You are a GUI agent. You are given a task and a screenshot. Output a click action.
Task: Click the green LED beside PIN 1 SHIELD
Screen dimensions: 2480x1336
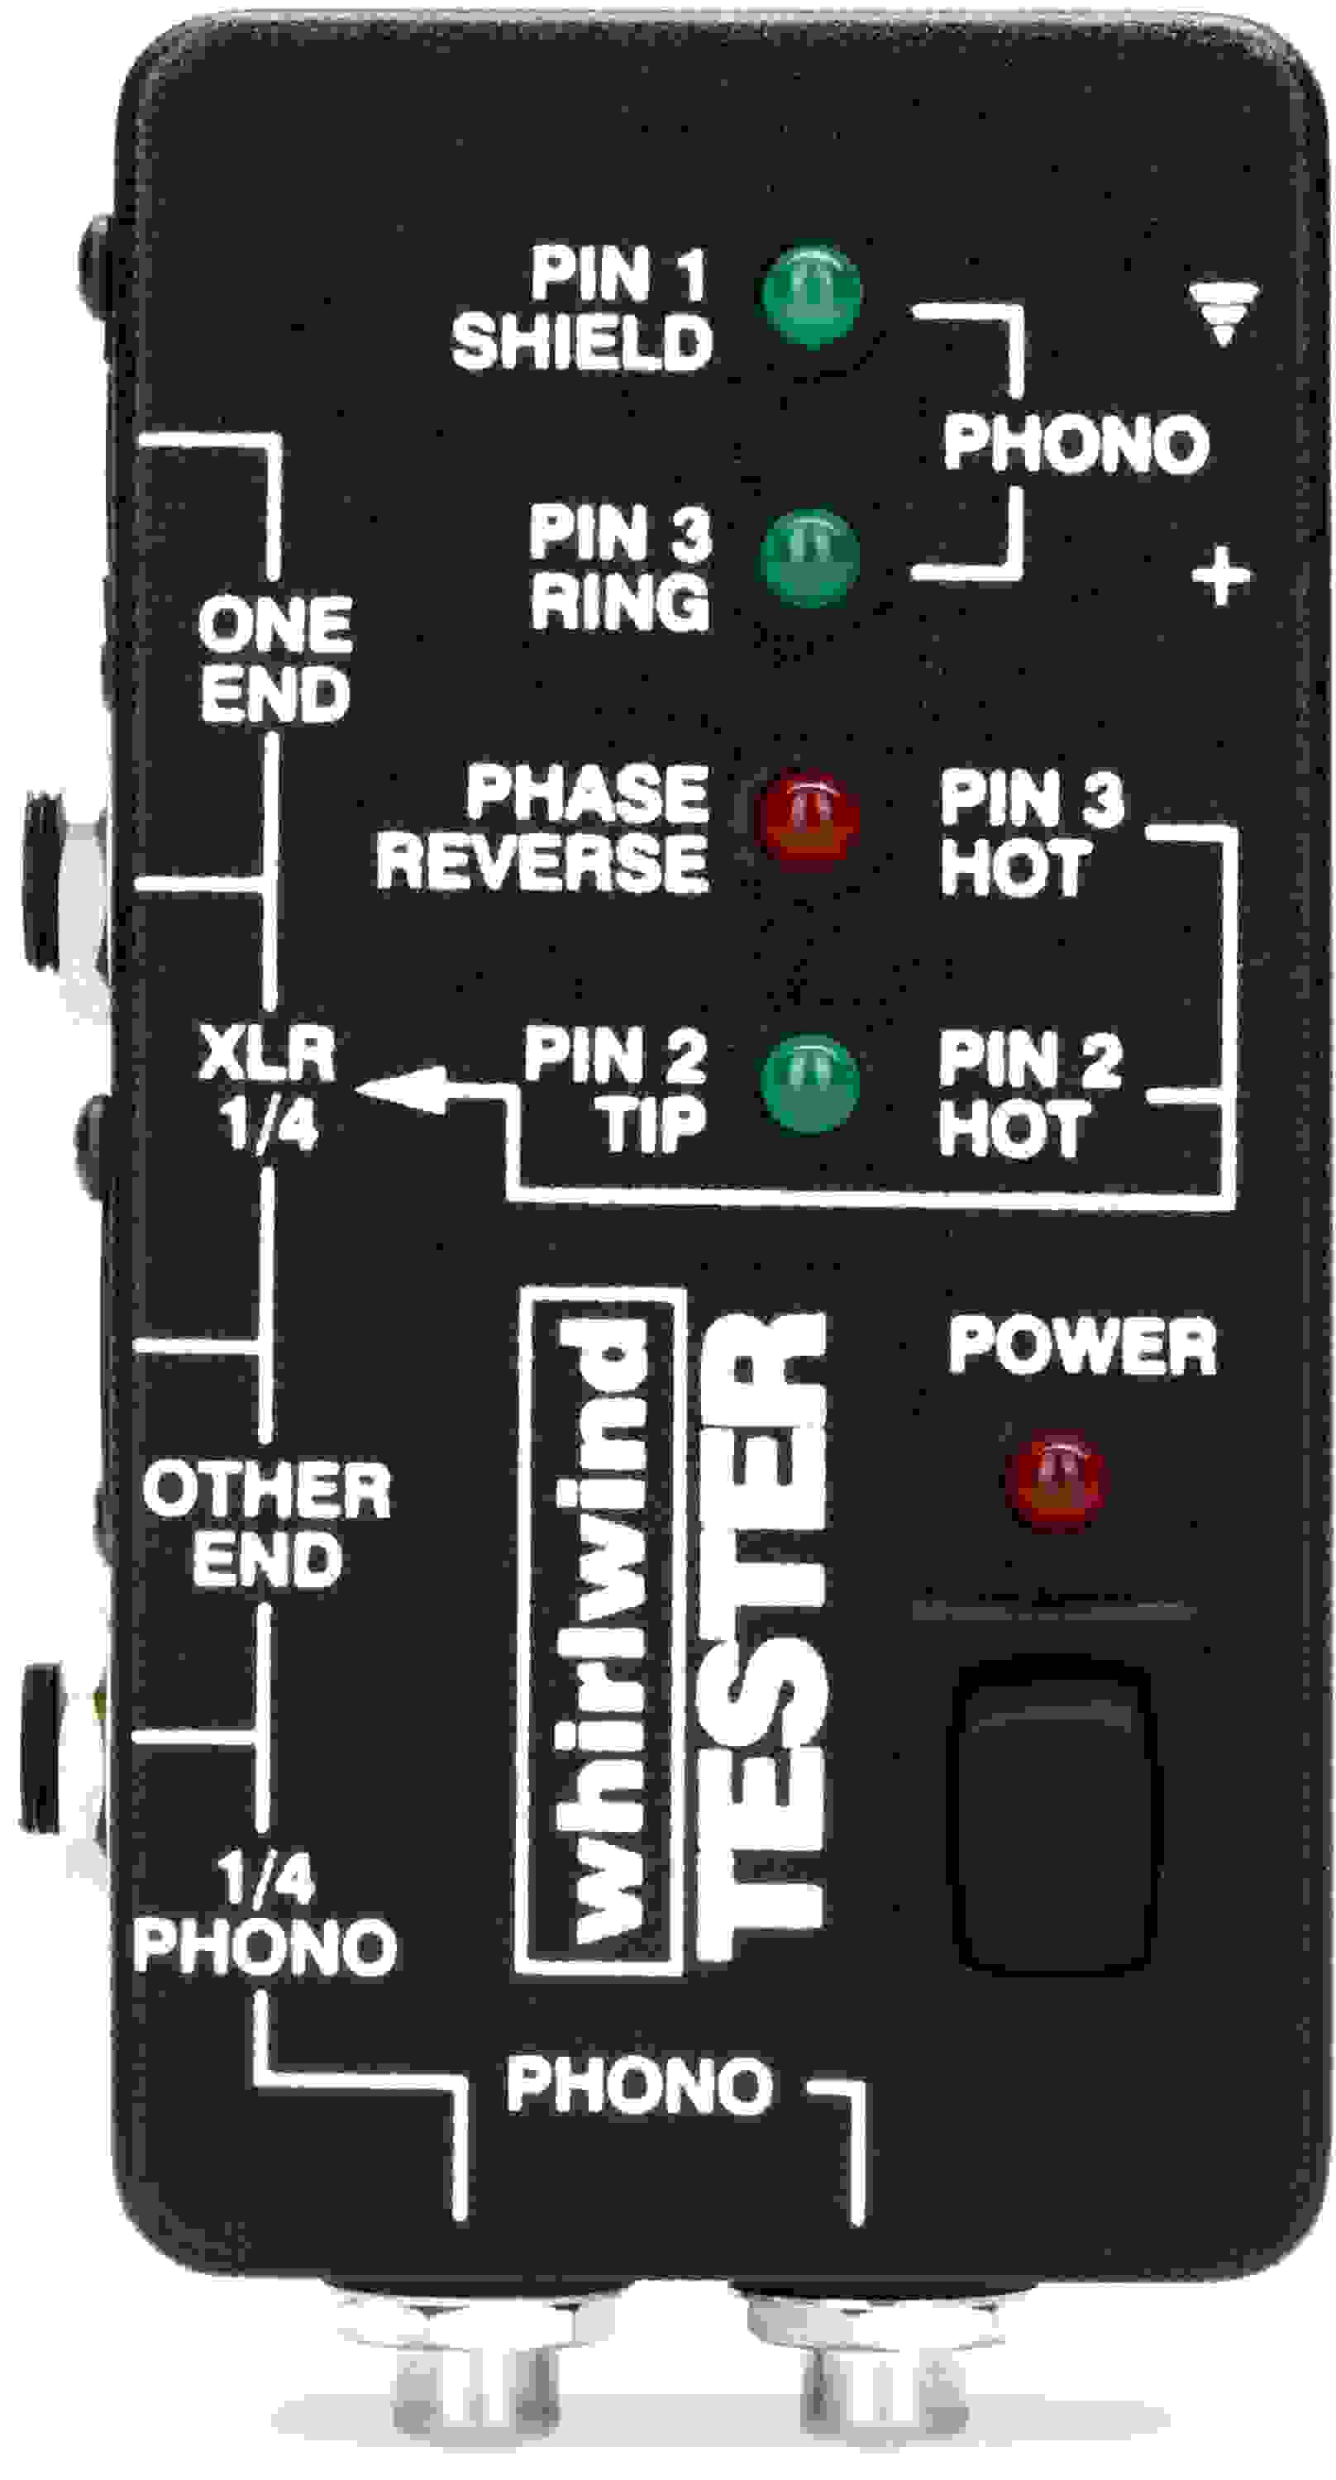[810, 294]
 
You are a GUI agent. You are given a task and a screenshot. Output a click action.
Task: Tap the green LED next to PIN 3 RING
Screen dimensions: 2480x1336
[809, 557]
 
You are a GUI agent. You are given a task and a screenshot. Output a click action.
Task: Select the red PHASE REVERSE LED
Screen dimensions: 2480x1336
[808, 818]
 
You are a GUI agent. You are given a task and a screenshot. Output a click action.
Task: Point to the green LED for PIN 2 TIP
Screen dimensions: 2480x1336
[809, 1083]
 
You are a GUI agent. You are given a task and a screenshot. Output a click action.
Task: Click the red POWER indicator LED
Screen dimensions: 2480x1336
[1056, 1480]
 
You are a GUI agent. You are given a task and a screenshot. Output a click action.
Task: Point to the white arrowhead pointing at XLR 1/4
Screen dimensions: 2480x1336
[404, 1088]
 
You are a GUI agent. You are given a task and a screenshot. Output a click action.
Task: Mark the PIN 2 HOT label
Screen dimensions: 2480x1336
[1030, 1093]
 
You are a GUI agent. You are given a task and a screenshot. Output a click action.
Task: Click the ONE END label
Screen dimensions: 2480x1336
[274, 659]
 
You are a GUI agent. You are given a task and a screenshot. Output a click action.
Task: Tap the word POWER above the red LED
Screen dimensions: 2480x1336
[1082, 1346]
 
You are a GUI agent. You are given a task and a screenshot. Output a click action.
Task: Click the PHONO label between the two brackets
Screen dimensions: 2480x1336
[1075, 444]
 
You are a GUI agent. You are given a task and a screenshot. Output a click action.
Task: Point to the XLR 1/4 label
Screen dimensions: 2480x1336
[268, 1088]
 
